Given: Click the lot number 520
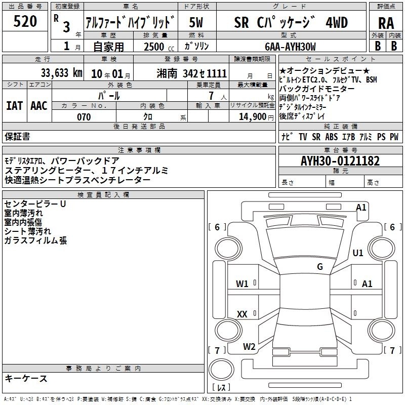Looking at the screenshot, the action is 25,21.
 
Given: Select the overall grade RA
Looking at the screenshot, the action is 386,23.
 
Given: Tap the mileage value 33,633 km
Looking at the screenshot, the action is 61,73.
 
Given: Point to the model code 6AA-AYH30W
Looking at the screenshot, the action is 290,47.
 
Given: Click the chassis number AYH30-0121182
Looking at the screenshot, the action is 340,161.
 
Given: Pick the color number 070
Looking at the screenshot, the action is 84,117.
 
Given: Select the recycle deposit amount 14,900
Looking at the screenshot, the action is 253,117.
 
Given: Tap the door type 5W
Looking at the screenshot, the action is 196,22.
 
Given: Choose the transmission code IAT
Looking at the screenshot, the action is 15,106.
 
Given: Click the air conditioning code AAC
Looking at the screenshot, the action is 39,106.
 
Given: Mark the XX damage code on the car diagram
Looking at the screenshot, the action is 242,314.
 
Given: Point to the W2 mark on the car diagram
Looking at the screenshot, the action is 249,347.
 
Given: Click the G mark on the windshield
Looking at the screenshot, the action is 320,267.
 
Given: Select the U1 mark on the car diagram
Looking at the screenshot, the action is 358,253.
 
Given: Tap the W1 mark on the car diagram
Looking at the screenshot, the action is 242,284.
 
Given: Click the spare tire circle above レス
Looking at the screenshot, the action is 221,370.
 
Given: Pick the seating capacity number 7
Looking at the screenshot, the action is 211,96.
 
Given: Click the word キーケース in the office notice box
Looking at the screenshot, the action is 26,379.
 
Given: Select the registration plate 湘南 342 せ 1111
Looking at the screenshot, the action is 192,73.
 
